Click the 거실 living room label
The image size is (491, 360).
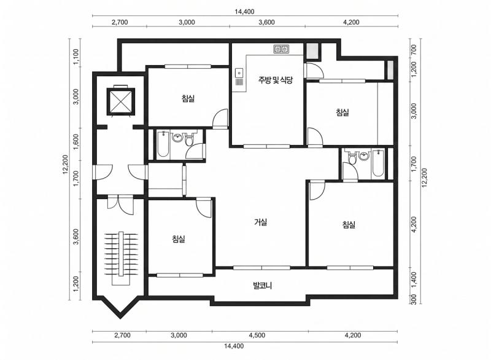[x=260, y=222]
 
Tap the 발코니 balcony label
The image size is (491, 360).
[x=263, y=286]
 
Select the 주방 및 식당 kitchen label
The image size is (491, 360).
[x=275, y=80]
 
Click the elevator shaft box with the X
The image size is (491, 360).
[x=121, y=101]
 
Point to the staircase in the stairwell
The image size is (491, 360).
[x=121, y=258]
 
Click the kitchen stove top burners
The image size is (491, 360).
[x=281, y=49]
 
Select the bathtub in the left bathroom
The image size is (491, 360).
[x=163, y=144]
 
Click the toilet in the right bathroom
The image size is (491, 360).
[x=352, y=158]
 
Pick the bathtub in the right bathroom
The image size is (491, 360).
[x=377, y=163]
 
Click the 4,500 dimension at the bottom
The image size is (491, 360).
[x=257, y=335]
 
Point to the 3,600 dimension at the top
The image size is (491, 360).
[x=267, y=22]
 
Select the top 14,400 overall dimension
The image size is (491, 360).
[x=244, y=12]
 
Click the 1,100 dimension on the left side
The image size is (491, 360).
[x=76, y=57]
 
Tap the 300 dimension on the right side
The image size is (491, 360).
[x=413, y=299]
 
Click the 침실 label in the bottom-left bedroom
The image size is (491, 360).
[x=179, y=239]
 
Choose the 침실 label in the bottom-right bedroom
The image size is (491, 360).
[x=349, y=224]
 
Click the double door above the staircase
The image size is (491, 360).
[x=120, y=205]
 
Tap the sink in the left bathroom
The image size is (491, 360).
[x=178, y=138]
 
